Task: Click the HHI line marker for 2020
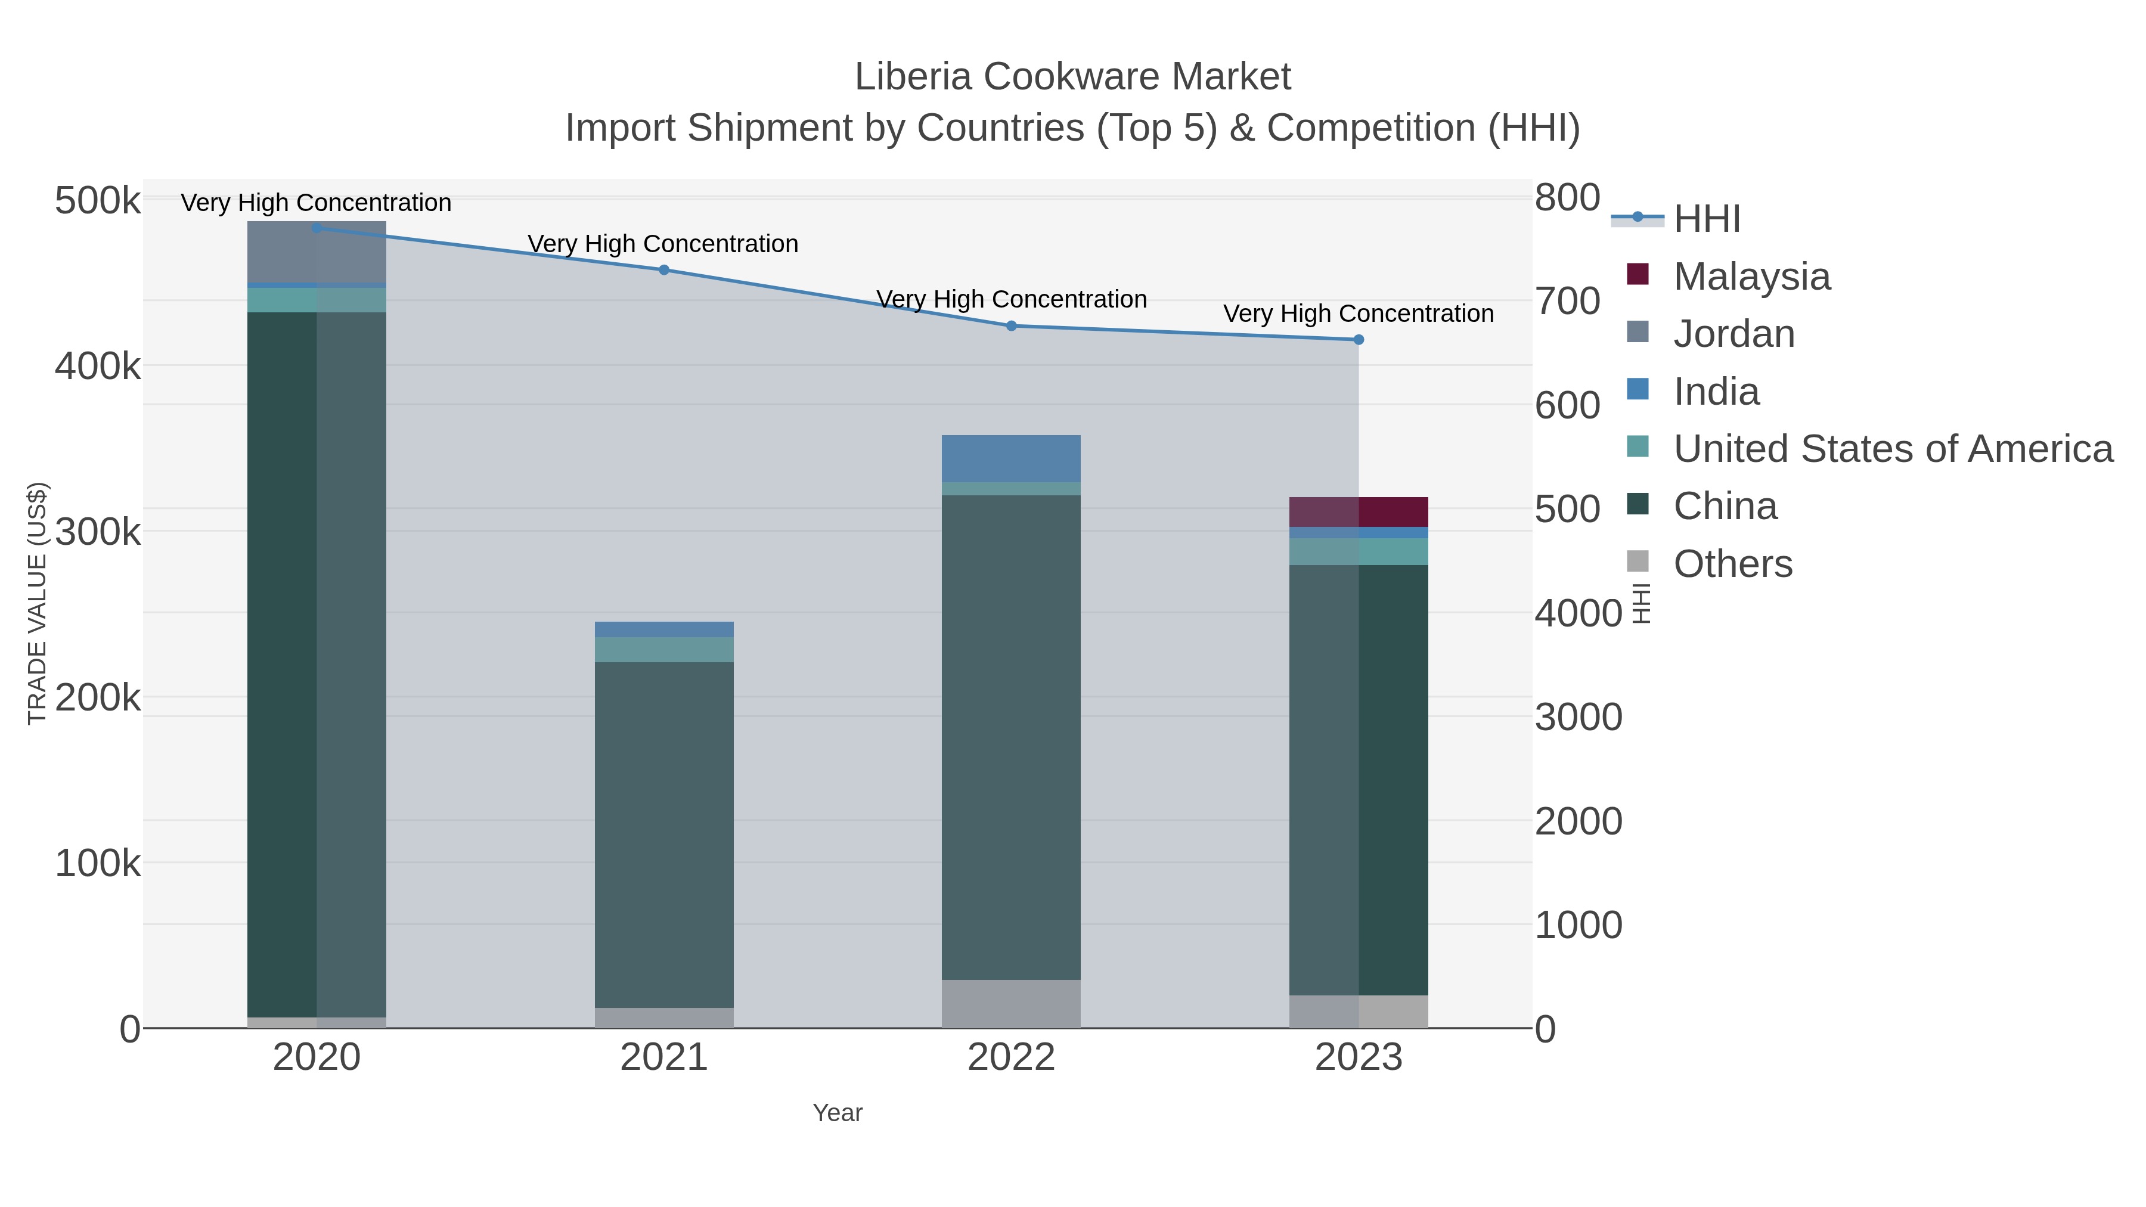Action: tap(317, 228)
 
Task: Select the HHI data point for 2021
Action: tap(664, 270)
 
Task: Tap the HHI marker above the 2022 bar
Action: tap(1012, 325)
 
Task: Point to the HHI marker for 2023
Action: tap(1359, 340)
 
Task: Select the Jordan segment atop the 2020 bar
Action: tap(317, 252)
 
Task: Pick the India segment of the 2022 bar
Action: tap(1012, 458)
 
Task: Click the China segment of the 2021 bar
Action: tap(664, 833)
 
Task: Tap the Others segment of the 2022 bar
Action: tap(1012, 1003)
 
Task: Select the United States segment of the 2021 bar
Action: tap(664, 650)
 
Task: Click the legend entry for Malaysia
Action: tap(1751, 277)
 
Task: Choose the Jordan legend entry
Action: tap(1733, 334)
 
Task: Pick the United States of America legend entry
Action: tap(1892, 449)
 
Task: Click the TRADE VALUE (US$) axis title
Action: tap(38, 603)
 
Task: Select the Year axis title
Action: tap(838, 1113)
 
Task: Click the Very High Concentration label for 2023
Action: tap(1358, 314)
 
